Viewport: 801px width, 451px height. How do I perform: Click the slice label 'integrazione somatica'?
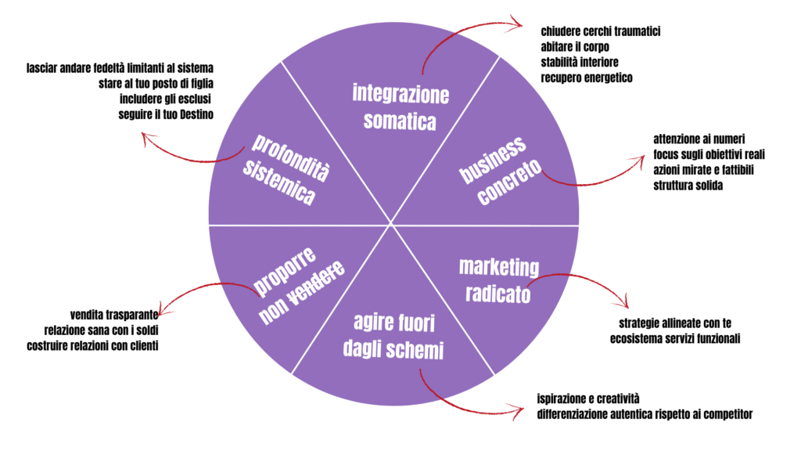(400, 107)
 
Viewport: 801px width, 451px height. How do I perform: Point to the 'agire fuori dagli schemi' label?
(393, 337)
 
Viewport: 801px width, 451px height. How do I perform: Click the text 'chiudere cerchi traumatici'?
(601, 32)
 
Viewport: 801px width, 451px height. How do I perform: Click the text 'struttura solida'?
(688, 186)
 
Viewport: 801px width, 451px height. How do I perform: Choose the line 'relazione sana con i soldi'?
(101, 330)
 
